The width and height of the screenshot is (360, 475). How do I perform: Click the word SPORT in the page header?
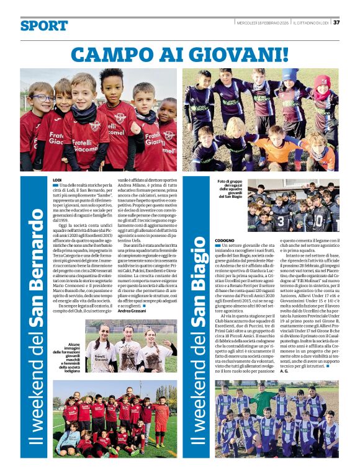[x=43, y=25]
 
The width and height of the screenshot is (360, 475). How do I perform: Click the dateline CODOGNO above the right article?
[x=225, y=239]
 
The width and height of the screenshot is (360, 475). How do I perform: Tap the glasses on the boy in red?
[x=43, y=99]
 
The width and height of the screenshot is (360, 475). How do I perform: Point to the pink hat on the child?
[x=322, y=81]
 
